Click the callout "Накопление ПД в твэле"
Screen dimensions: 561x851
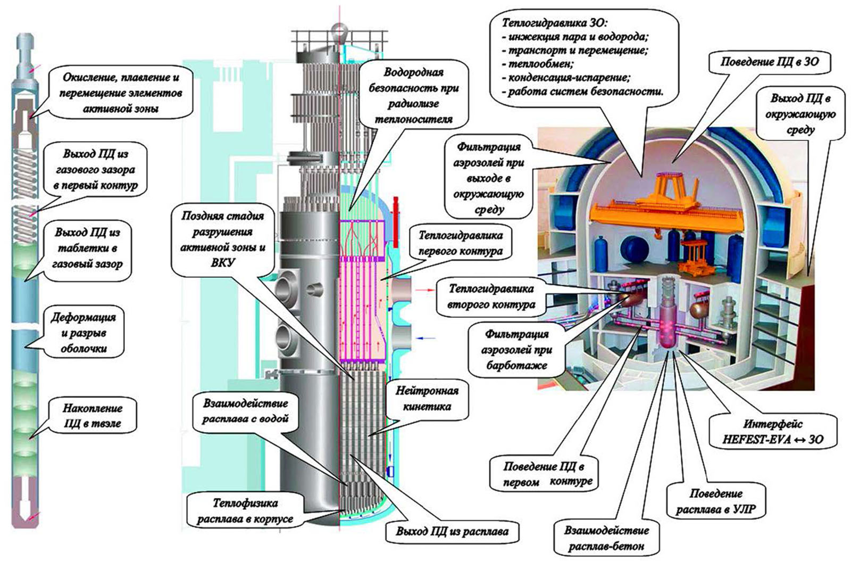pyautogui.click(x=93, y=416)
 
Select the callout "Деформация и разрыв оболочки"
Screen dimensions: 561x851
pyautogui.click(x=83, y=333)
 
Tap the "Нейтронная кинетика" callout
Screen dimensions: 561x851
pyautogui.click(x=427, y=399)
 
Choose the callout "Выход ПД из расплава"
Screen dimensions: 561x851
pyautogui.click(x=452, y=531)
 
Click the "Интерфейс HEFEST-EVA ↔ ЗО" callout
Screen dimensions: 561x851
pyautogui.click(x=773, y=432)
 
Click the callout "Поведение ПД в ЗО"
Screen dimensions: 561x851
pyautogui.click(x=769, y=62)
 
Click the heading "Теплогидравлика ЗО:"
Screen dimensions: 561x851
pyautogui.click(x=554, y=23)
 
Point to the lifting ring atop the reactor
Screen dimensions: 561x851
pyautogui.click(x=339, y=31)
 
